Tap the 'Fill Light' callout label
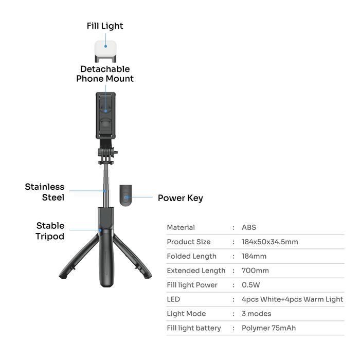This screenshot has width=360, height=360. point(105,26)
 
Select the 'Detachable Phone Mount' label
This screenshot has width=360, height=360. point(105,74)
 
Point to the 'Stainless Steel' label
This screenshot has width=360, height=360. point(45,192)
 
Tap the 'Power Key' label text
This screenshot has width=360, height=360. point(180,198)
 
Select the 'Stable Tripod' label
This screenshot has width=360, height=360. point(50,231)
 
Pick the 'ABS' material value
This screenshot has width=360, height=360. point(249,227)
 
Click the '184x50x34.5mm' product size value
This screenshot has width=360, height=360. point(269,242)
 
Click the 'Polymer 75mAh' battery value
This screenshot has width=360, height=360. point(268,328)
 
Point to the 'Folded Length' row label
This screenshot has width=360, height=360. point(191,256)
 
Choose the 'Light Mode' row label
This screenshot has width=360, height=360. point(186,314)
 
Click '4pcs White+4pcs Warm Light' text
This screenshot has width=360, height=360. point(292,299)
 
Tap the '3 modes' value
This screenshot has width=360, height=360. point(256,314)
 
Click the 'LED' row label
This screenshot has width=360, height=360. point(173,299)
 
